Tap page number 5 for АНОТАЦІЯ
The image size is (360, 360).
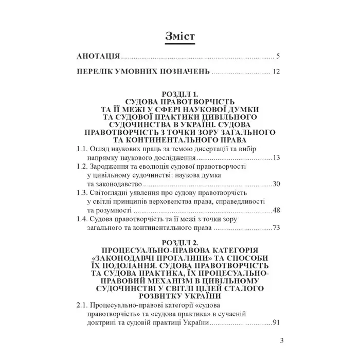(277, 56)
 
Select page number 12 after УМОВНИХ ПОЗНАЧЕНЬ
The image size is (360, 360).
(276, 71)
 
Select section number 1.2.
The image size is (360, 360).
(82, 167)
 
